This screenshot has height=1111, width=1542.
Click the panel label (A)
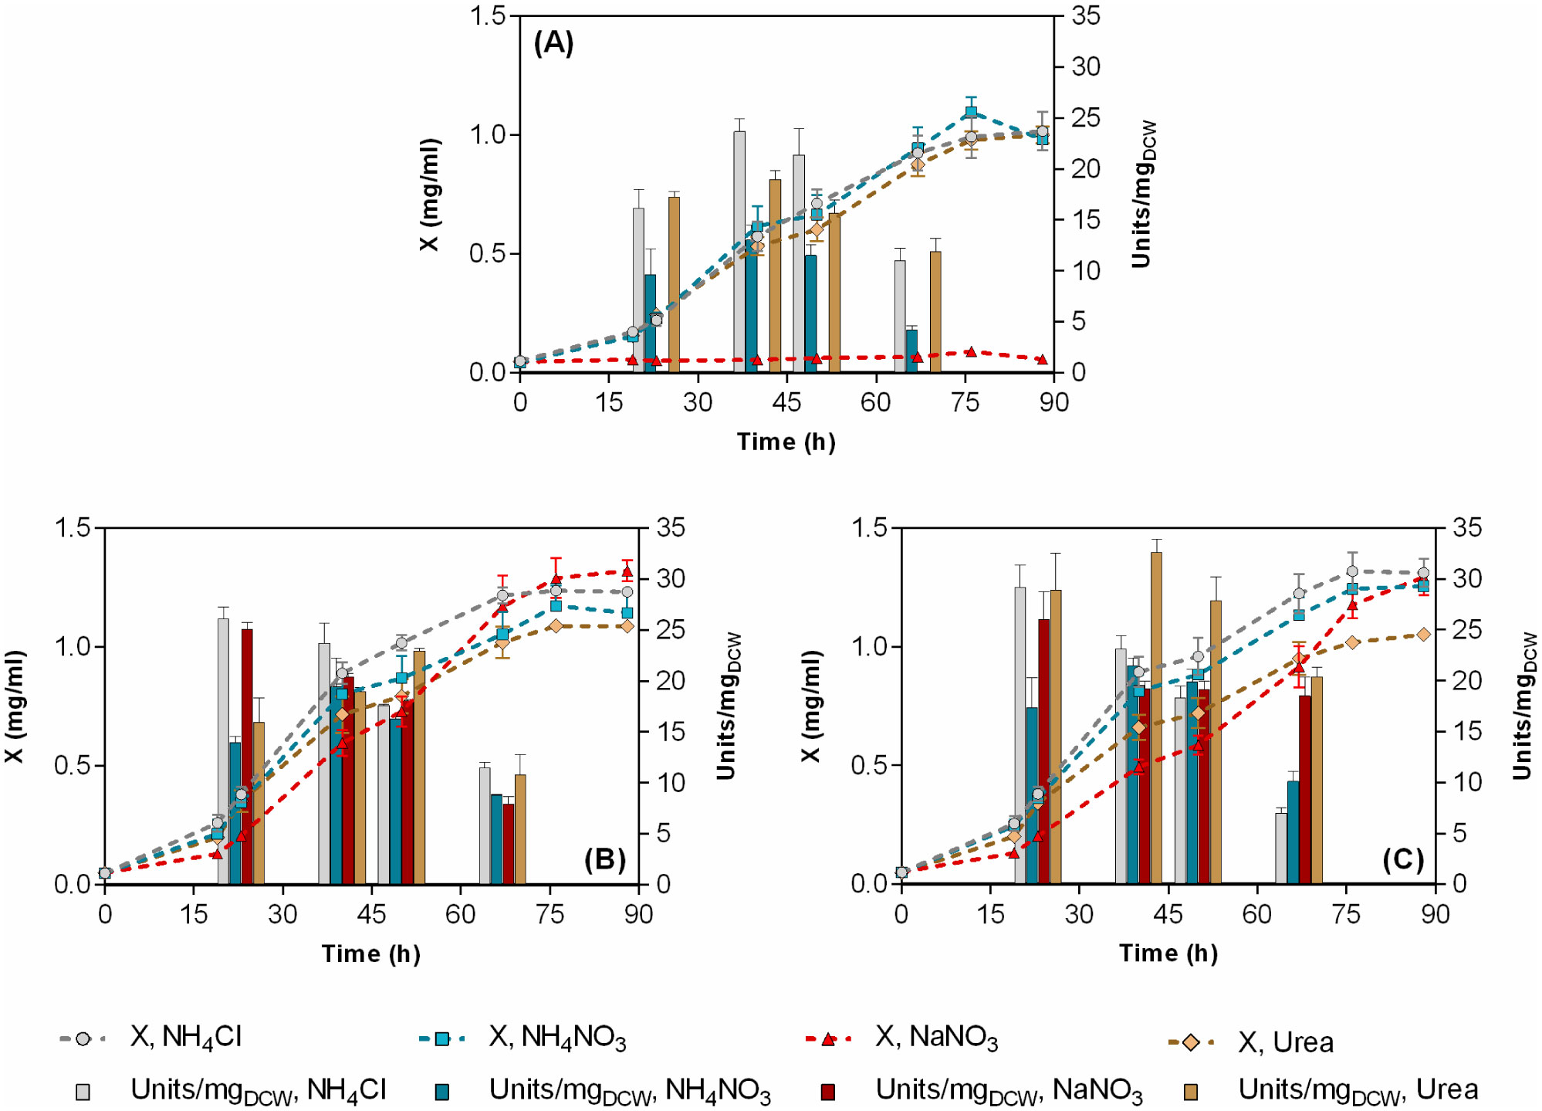553,43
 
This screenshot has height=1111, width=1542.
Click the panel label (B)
604,859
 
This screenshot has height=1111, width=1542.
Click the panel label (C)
1402,859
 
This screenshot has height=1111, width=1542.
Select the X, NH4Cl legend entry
185,1037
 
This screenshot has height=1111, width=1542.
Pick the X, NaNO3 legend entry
936,1037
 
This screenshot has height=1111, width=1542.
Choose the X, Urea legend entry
1285,1042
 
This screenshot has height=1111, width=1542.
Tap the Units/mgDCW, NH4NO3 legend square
442,1092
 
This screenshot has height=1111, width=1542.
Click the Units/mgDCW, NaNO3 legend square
828,1092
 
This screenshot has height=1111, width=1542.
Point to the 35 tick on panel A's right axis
1086,15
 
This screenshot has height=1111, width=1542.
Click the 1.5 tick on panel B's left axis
72,528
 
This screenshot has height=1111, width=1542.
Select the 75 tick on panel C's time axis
1346,915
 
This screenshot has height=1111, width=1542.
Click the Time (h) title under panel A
786,442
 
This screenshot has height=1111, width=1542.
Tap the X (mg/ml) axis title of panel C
810,706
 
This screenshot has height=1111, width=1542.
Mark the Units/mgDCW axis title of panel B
728,706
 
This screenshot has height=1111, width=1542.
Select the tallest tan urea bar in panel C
1156,718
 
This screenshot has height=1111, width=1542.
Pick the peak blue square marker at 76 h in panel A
971,112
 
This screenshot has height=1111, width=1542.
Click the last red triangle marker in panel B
627,572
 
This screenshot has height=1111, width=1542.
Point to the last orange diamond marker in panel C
1423,634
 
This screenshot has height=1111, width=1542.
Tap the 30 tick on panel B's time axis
282,915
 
